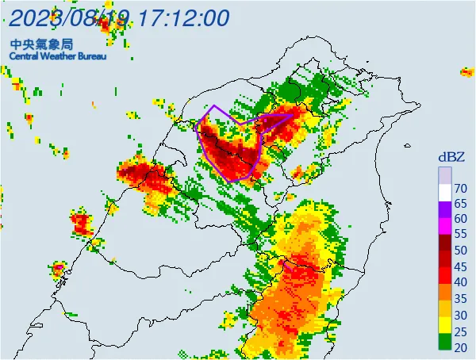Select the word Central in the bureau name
25,56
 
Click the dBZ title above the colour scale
450,157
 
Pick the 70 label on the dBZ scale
460,188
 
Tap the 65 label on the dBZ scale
460,204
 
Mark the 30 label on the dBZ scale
460,315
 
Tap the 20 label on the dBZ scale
460,347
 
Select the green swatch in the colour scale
445,339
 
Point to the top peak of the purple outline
213,105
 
